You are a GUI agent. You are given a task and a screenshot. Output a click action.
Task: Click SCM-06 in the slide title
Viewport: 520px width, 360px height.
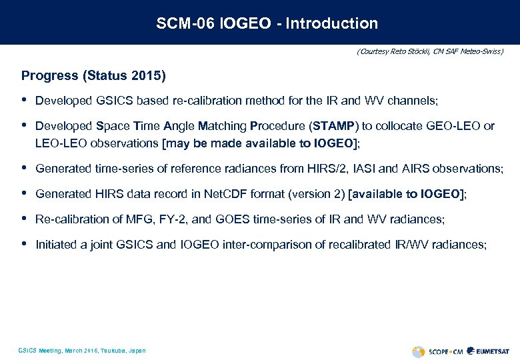[x=181, y=23]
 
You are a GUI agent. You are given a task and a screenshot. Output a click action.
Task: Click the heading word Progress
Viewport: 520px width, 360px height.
[x=49, y=75]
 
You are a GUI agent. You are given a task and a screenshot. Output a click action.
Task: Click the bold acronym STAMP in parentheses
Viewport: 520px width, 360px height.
[x=337, y=126]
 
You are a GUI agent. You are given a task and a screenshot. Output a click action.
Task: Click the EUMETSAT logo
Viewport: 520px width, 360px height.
[x=488, y=351]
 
